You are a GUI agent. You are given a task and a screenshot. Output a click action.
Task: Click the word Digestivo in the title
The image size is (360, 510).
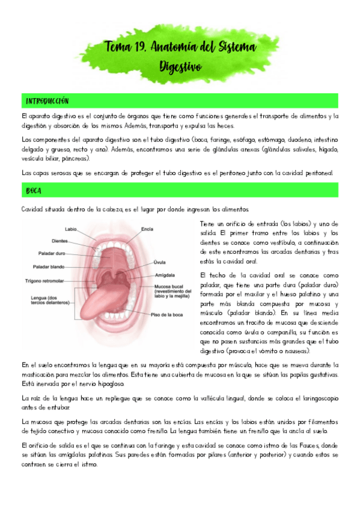pos(180,66)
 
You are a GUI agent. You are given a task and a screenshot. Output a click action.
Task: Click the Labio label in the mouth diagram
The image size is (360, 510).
pos(71,229)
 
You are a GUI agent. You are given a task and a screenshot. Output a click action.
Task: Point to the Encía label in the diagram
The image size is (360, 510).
pos(147,229)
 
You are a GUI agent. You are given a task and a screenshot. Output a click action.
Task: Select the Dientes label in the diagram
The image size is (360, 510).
pos(76,241)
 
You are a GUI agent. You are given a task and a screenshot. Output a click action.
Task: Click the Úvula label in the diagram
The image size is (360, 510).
pos(159,262)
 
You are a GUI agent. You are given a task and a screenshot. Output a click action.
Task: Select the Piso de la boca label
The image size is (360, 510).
pos(166,315)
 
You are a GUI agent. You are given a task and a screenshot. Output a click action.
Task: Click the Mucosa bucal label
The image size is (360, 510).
pos(167,286)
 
